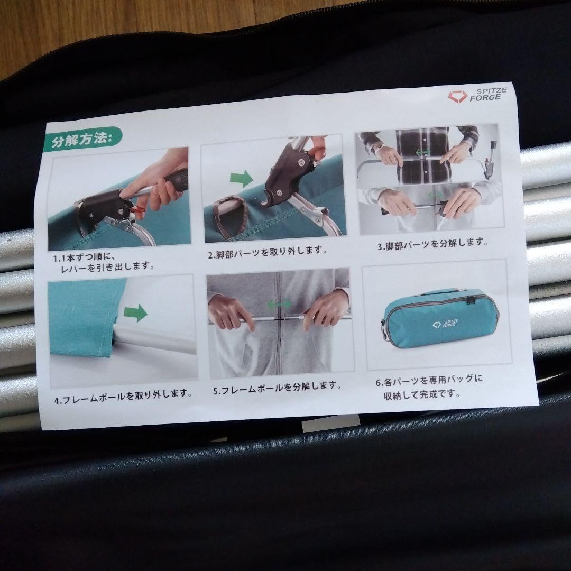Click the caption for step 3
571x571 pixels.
point(432,244)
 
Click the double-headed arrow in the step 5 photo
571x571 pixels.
point(279,304)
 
